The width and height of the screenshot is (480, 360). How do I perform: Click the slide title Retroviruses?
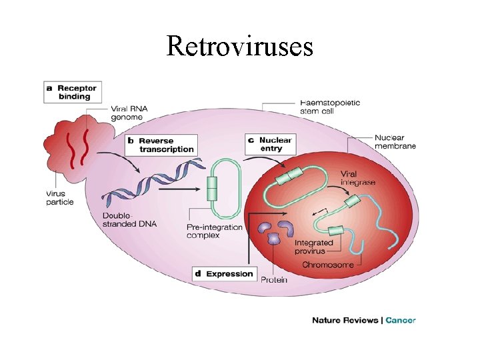239,46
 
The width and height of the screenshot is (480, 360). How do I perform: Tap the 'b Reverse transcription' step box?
161,145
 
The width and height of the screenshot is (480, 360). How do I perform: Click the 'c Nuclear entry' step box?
269,145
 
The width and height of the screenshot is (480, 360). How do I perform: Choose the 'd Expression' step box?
225,273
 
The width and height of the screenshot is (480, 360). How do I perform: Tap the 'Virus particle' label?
60,198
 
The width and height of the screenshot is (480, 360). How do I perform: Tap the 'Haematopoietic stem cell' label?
329,107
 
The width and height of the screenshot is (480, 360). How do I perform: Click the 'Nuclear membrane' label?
395,141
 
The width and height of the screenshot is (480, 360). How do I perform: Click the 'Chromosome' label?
328,265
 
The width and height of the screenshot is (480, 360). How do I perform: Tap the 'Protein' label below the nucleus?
274,280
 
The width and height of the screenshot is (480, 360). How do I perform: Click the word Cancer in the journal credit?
401,320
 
